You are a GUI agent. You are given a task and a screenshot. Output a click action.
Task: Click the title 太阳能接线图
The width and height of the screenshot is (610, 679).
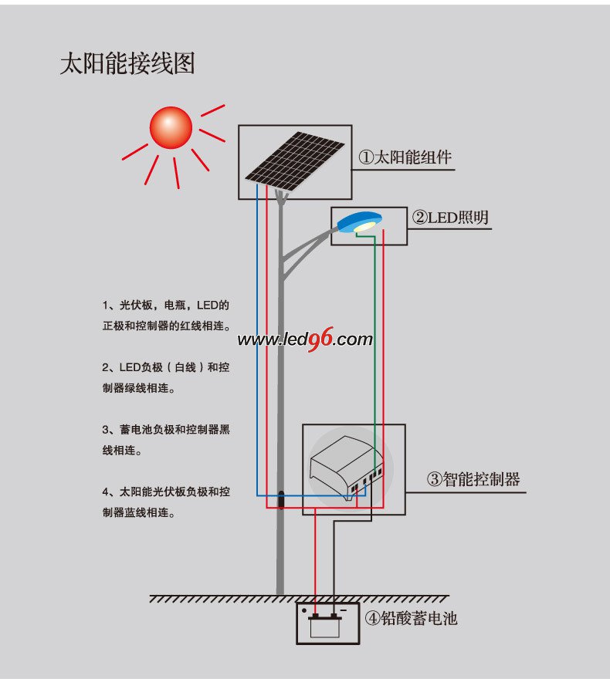[x=127, y=63]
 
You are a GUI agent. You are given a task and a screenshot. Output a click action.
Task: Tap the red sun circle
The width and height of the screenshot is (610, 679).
[x=171, y=127]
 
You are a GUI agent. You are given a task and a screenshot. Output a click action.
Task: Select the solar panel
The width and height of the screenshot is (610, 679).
[x=296, y=161]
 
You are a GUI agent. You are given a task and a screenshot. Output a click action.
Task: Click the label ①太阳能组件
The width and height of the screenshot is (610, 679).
[x=405, y=157]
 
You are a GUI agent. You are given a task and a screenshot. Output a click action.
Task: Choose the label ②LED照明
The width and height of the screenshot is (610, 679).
[x=450, y=218]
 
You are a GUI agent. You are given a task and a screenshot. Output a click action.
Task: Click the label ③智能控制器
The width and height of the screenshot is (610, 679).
[x=473, y=479]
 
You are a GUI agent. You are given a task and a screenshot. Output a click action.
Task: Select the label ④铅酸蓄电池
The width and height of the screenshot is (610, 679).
[x=411, y=618]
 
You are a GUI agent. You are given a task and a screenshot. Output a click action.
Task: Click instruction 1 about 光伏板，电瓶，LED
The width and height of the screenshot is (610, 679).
[x=166, y=314]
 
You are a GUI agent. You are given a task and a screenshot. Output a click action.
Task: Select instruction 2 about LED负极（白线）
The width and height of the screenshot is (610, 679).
[x=166, y=377]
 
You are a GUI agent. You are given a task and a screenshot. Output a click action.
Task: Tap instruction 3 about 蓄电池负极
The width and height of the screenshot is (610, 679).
[x=166, y=439]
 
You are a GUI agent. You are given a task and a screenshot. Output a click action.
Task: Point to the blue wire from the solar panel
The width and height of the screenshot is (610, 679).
[x=257, y=347]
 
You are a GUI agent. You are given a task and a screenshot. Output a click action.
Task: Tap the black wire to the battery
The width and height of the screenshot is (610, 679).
[x=334, y=563]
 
